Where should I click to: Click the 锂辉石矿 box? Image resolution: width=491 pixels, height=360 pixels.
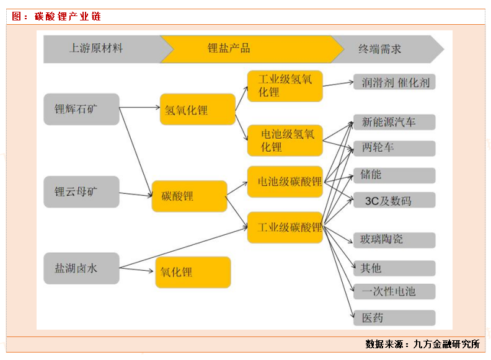click(81, 109)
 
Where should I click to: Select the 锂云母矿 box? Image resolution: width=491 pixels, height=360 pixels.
click(81, 191)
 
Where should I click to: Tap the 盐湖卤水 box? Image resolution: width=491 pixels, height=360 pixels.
click(81, 268)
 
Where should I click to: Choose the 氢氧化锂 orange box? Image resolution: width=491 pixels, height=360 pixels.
click(197, 110)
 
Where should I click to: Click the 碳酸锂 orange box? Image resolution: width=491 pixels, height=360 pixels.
click(189, 196)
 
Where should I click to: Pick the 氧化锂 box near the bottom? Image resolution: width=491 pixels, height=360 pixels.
click(192, 272)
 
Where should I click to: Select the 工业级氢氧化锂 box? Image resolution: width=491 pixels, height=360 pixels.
click(285, 86)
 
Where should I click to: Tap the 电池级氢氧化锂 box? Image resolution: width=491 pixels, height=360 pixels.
click(285, 140)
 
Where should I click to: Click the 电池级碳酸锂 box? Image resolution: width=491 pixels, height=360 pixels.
click(285, 182)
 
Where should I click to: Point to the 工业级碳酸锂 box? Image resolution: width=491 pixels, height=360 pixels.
click(285, 227)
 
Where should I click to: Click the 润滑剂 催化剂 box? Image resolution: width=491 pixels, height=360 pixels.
click(394, 82)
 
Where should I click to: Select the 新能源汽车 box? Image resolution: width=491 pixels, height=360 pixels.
click(394, 122)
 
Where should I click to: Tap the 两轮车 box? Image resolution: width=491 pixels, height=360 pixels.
click(394, 148)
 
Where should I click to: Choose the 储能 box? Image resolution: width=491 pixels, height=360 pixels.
click(394, 175)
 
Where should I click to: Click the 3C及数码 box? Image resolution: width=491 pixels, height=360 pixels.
click(394, 200)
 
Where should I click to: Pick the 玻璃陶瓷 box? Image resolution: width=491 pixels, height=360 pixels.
click(394, 239)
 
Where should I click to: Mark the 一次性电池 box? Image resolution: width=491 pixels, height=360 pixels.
click(394, 291)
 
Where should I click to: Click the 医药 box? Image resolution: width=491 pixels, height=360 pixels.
click(394, 318)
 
